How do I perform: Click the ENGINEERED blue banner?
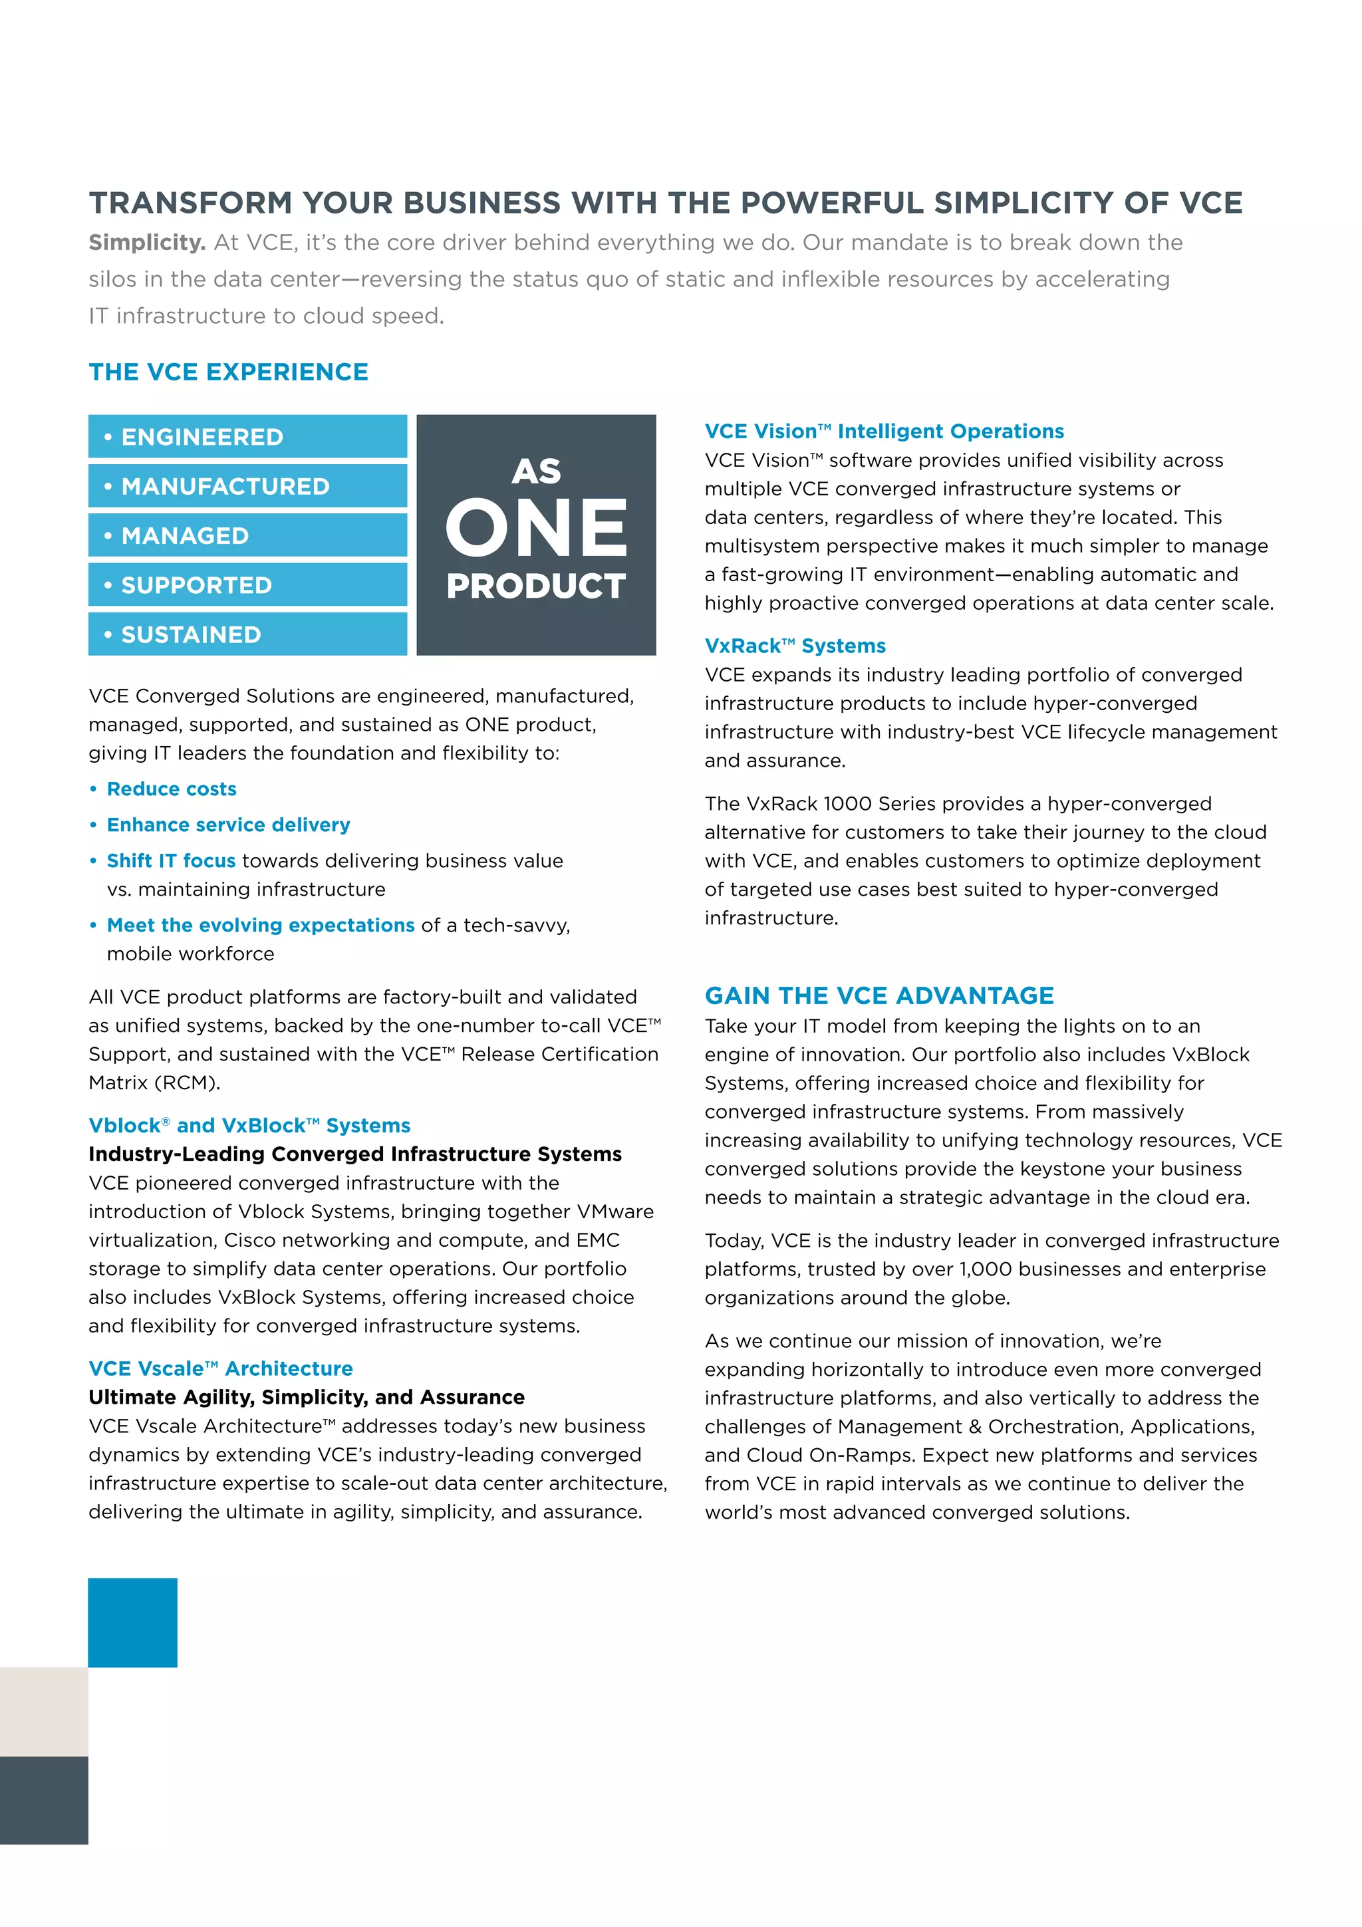pos(247,436)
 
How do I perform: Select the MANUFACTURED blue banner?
pos(247,486)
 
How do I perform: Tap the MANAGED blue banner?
pos(247,535)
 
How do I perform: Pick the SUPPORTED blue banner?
pos(247,585)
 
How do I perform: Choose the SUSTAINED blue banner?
pos(247,634)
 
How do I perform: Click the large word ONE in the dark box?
pos(535,528)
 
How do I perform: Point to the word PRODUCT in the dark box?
pos(535,586)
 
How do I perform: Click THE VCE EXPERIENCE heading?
pos(228,372)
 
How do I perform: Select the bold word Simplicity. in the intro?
pos(147,243)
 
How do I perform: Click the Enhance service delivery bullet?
pos(228,825)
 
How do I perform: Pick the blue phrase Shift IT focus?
pos(171,861)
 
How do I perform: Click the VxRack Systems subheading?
pos(795,646)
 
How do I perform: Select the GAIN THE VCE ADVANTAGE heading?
pos(879,995)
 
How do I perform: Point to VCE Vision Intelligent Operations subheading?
pos(884,432)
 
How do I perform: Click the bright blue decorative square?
pos(132,1622)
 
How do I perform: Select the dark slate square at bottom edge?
pos(44,1799)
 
